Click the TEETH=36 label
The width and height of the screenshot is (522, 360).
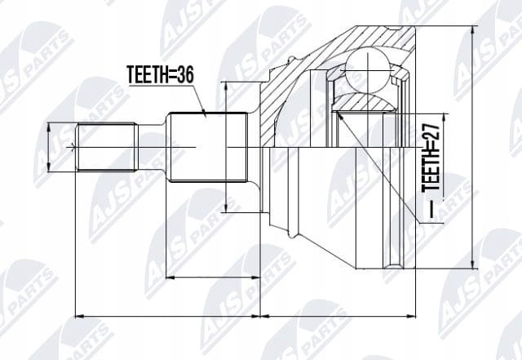[x=160, y=74]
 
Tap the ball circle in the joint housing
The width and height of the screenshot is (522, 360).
[x=367, y=71]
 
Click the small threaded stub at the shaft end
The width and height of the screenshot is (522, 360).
[x=107, y=147]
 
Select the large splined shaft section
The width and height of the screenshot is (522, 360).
[x=207, y=147]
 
